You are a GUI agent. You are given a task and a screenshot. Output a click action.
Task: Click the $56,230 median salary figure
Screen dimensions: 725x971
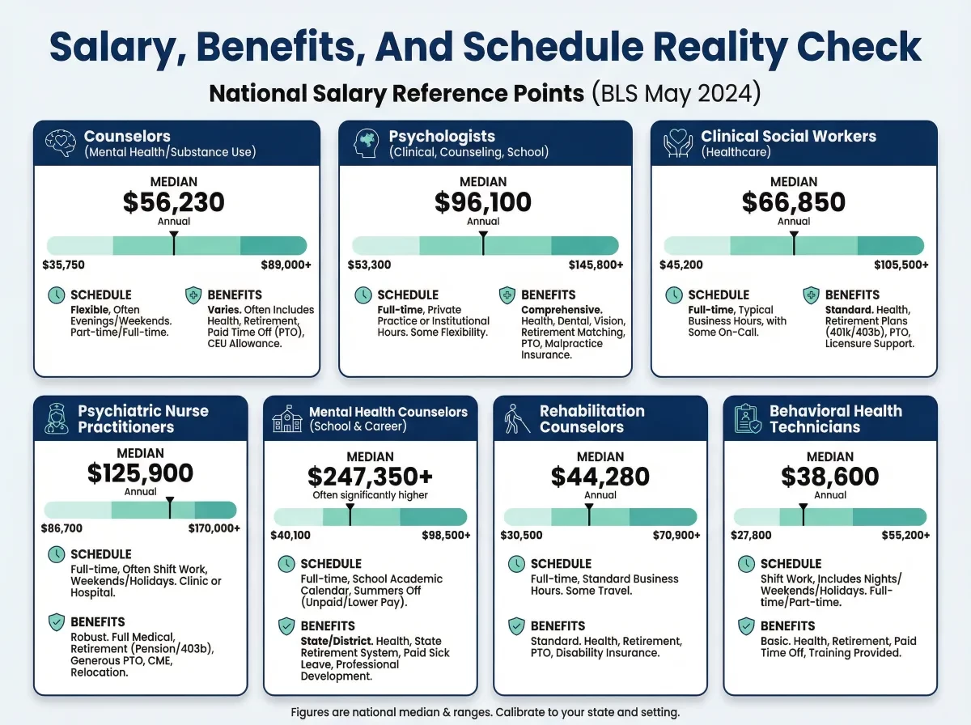pyautogui.click(x=174, y=202)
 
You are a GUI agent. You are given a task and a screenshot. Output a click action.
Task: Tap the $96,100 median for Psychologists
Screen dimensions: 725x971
pyautogui.click(x=483, y=202)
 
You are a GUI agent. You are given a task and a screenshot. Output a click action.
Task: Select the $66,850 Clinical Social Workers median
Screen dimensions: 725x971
pyautogui.click(x=794, y=202)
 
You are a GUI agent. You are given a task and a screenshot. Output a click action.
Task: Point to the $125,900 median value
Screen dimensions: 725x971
pyautogui.click(x=141, y=473)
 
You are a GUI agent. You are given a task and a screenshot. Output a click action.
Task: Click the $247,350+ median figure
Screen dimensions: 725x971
pyautogui.click(x=370, y=477)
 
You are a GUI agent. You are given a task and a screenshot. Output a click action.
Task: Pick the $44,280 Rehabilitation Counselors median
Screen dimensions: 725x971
pyautogui.click(x=600, y=477)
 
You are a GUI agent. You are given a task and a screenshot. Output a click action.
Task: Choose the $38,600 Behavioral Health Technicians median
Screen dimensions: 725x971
pyautogui.click(x=830, y=477)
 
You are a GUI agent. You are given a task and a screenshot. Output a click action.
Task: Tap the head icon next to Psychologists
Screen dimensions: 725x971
pyautogui.click(x=367, y=143)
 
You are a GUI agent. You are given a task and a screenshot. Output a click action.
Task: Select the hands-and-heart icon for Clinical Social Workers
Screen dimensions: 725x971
pyautogui.click(x=678, y=143)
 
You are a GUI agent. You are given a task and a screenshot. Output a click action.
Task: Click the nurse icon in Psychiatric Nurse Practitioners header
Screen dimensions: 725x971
pyautogui.click(x=59, y=418)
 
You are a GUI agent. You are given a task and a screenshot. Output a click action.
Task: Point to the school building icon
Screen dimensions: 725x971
pyautogui.click(x=287, y=418)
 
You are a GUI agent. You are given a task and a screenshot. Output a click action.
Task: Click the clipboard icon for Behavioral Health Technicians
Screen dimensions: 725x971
pyautogui.click(x=747, y=418)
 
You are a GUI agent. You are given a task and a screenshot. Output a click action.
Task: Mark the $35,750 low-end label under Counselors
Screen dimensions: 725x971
pyautogui.click(x=64, y=265)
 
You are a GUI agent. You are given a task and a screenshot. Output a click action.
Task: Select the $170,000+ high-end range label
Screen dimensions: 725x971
pyautogui.click(x=214, y=529)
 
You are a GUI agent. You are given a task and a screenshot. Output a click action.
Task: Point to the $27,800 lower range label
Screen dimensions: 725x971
pyautogui.click(x=752, y=535)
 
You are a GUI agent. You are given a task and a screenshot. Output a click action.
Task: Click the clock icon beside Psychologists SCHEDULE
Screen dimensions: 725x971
pyautogui.click(x=363, y=295)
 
